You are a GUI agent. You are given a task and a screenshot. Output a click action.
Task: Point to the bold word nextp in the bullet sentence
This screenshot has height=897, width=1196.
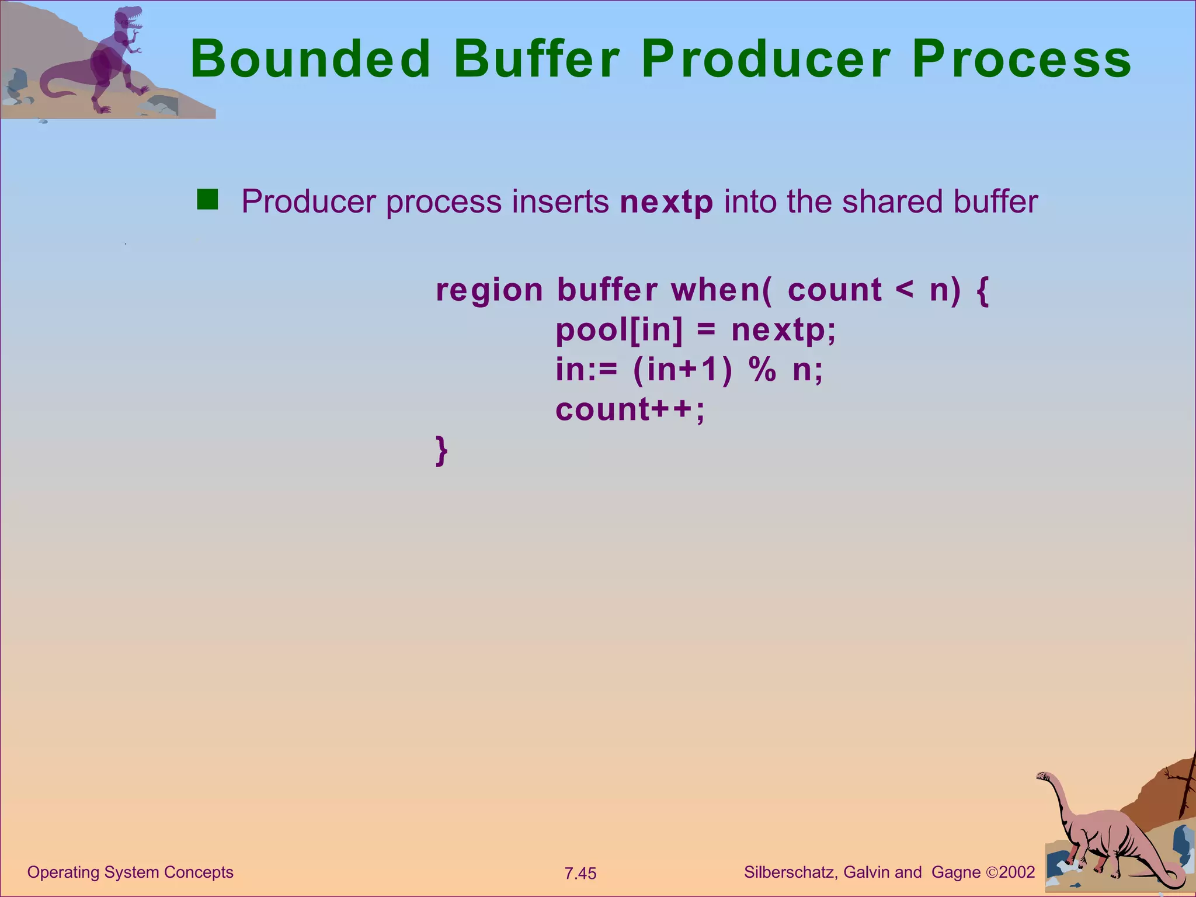(666, 202)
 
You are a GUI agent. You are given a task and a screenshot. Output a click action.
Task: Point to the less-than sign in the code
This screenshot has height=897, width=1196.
(904, 290)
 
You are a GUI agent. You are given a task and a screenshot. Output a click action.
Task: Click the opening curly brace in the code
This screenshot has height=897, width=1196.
(982, 290)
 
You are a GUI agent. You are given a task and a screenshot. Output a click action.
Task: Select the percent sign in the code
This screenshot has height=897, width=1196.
(763, 370)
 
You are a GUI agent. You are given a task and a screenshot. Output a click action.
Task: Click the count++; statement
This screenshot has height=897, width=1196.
(630, 409)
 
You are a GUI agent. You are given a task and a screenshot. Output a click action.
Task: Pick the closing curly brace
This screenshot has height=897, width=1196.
(441, 450)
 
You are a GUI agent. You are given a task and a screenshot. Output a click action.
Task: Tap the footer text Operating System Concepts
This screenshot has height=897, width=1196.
(130, 872)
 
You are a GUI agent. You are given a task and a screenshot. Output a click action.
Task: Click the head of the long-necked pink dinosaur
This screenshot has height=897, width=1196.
(1044, 777)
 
